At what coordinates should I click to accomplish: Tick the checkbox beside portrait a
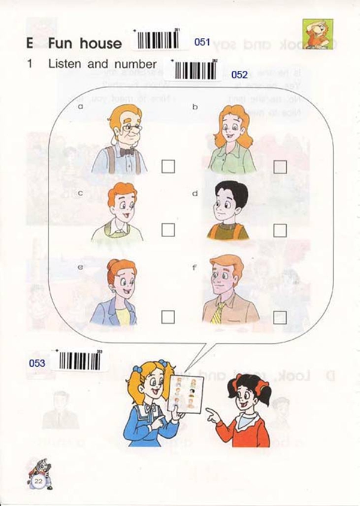click(x=168, y=166)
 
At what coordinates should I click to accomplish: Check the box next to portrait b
click(x=280, y=167)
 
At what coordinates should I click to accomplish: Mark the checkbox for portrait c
click(x=168, y=230)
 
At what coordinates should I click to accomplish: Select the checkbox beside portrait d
click(x=280, y=230)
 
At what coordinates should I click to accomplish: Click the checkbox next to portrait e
click(x=168, y=316)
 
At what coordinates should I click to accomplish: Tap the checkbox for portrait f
click(x=280, y=317)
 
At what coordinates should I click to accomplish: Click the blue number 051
click(x=203, y=42)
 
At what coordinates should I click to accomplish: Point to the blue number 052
click(x=239, y=75)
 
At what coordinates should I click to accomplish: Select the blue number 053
click(x=37, y=363)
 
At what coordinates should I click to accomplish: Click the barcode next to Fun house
click(x=158, y=40)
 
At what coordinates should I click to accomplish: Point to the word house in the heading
click(x=101, y=43)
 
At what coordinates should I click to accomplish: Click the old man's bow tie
click(x=127, y=152)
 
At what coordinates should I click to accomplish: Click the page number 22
click(x=39, y=481)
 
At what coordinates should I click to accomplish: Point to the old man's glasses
click(x=132, y=128)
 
